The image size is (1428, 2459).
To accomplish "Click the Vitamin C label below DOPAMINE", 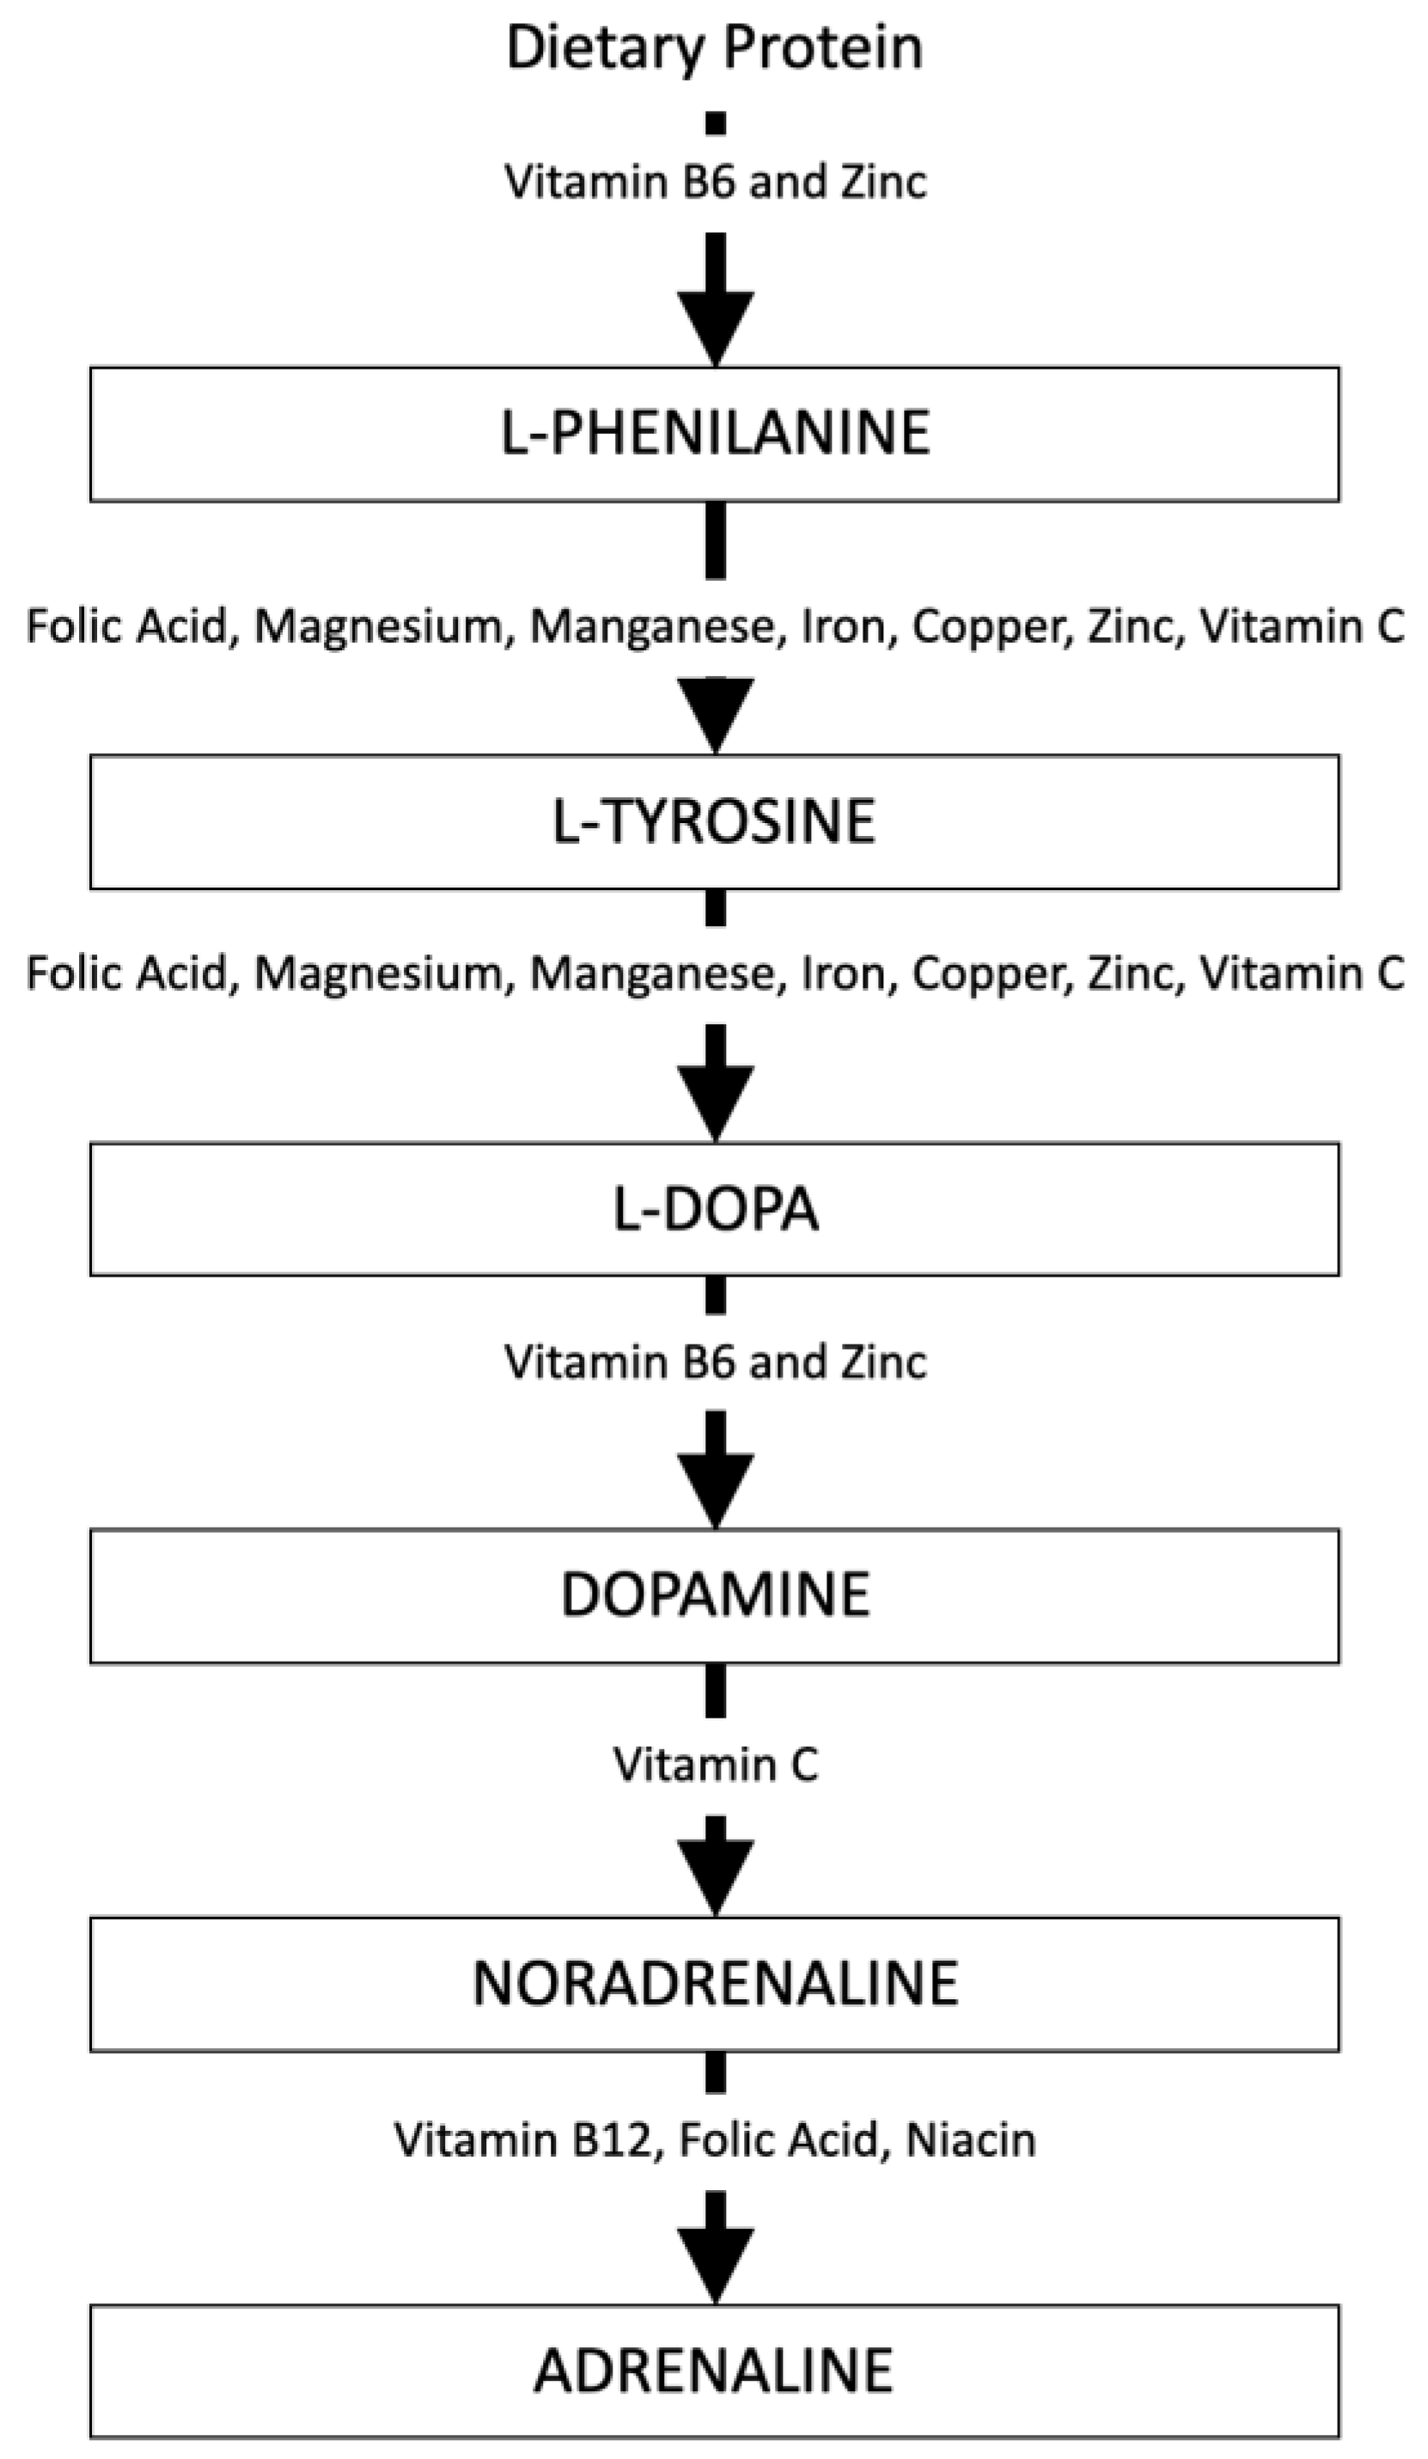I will [x=716, y=1764].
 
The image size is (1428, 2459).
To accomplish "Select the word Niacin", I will [x=970, y=2141].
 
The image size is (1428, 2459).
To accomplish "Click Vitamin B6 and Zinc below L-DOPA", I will [x=716, y=1362].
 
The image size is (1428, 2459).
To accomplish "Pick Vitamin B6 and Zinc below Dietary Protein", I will [x=716, y=182].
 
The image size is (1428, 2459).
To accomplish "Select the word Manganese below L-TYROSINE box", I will [x=658, y=973].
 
